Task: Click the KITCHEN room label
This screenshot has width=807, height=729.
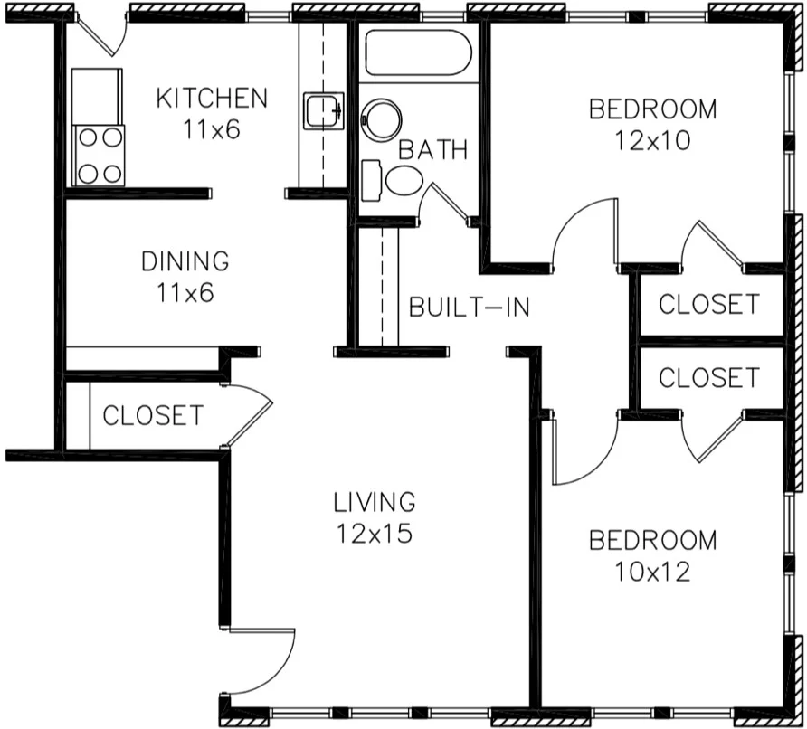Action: [212, 98]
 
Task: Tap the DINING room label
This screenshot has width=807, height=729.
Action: [185, 261]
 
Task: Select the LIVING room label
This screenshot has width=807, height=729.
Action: [374, 501]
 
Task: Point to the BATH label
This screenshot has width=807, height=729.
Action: [433, 150]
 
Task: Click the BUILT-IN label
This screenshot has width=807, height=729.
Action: [469, 307]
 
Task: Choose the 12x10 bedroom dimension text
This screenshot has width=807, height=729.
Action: [652, 141]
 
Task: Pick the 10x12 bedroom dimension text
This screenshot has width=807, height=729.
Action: [652, 572]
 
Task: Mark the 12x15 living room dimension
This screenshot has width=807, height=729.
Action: [374, 534]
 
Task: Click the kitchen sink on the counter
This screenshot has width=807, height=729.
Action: [322, 112]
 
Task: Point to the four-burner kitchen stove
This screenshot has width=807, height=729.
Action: [97, 155]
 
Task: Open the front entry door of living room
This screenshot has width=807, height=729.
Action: [263, 660]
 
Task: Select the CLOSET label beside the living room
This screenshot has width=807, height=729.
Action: [153, 416]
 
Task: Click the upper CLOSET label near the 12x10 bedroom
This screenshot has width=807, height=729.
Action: [708, 305]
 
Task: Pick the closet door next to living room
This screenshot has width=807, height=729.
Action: [248, 416]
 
